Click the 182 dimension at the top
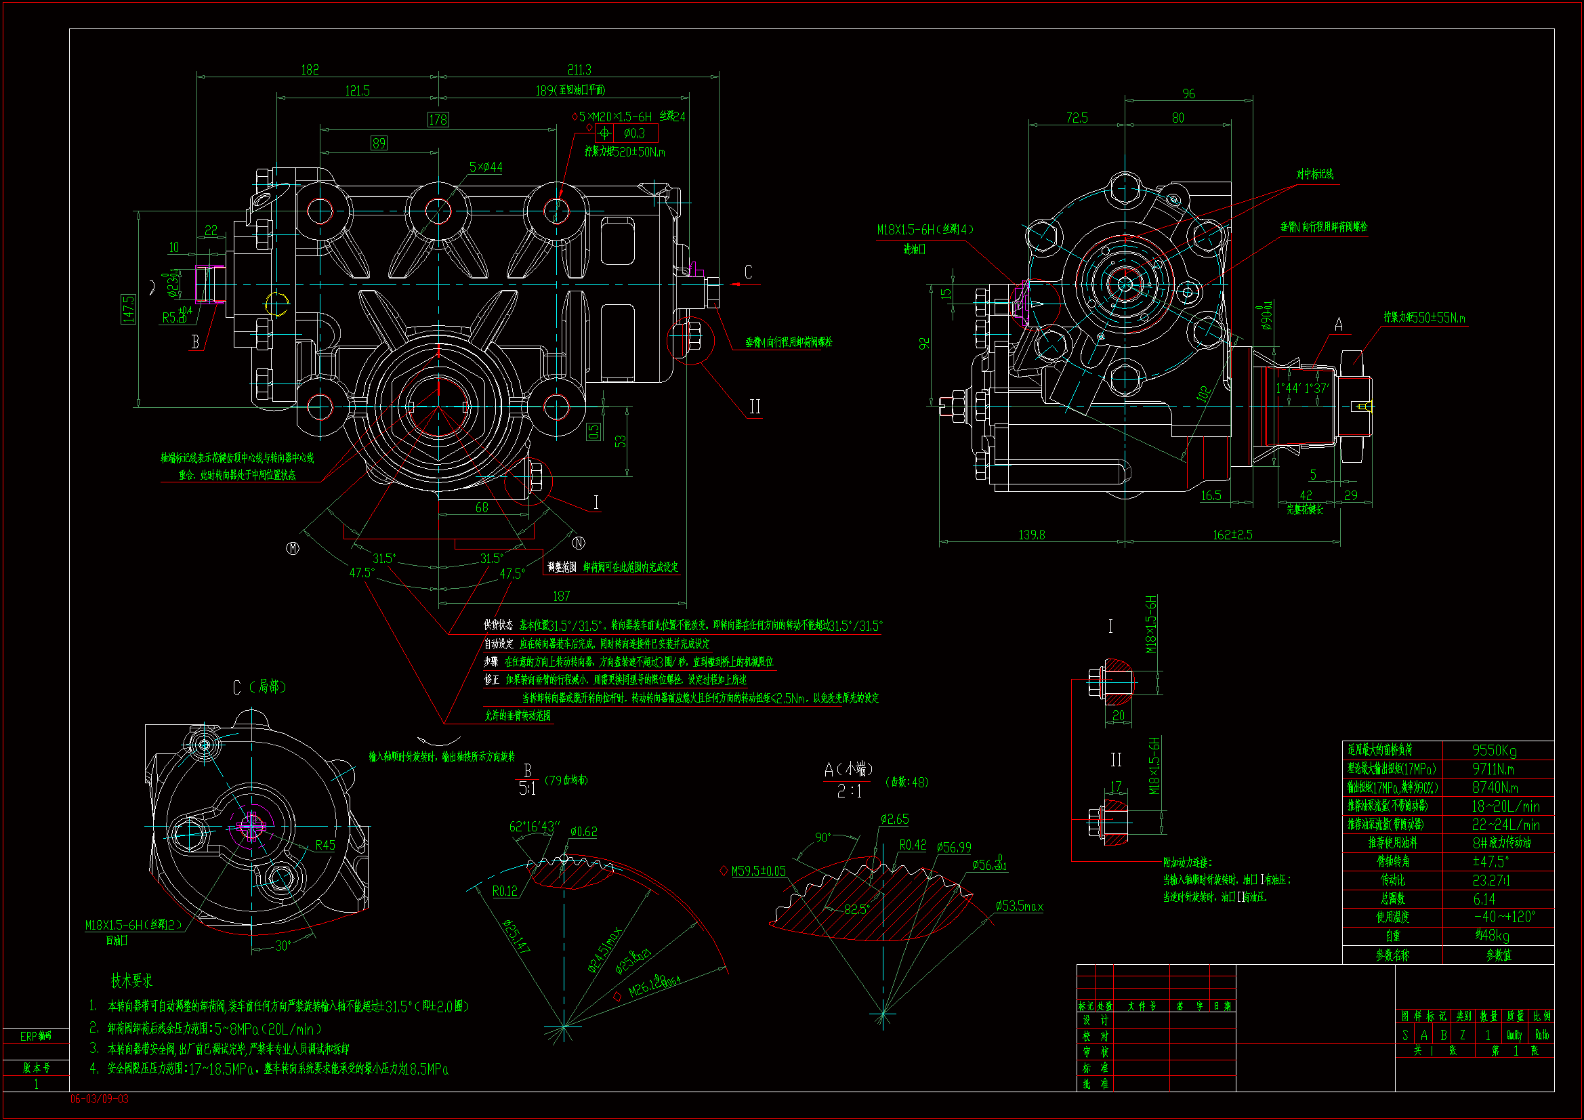coord(310,70)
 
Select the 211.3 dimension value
coord(579,70)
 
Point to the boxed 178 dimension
coord(438,120)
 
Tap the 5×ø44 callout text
coord(486,167)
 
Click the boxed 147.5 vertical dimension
coord(129,308)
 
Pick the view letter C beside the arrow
coord(748,272)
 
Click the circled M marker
coord(293,548)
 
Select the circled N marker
coord(579,543)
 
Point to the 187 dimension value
coord(562,596)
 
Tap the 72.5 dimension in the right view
coord(1077,118)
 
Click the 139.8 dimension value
coord(1031,535)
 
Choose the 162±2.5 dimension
coord(1232,535)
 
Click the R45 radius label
coord(325,846)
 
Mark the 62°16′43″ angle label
coord(535,827)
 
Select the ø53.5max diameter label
coord(1019,906)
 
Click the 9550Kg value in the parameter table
coord(1495,750)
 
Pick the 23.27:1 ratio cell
coord(1491,881)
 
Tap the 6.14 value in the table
coord(1484,899)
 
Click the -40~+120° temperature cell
coord(1504,917)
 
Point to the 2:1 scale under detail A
coord(850,791)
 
